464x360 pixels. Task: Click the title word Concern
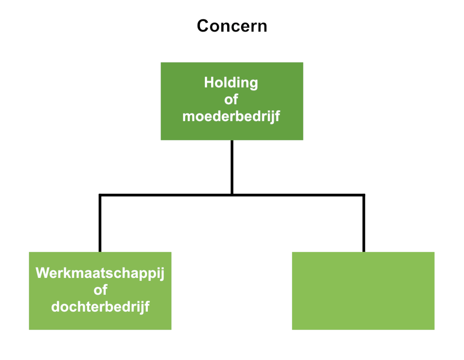tap(232, 26)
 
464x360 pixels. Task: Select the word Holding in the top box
tap(231, 83)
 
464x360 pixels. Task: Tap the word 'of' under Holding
tap(231, 99)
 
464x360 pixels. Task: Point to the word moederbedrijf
tap(231, 116)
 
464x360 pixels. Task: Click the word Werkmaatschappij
tap(100, 273)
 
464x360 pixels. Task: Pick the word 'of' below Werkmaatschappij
tap(100, 290)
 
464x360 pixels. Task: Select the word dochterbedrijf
tap(100, 307)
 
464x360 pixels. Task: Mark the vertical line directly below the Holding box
tap(232, 167)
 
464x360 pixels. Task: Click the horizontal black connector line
tap(232, 195)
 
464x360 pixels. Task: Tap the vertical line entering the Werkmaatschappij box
tap(100, 223)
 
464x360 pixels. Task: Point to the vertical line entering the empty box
tap(364, 223)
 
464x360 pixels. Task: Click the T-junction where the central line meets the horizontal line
tap(232, 195)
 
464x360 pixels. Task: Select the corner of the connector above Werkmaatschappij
tap(100, 195)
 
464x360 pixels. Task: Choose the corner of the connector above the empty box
tap(364, 195)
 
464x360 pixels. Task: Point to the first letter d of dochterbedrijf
tap(56, 307)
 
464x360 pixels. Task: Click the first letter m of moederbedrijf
tap(189, 118)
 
